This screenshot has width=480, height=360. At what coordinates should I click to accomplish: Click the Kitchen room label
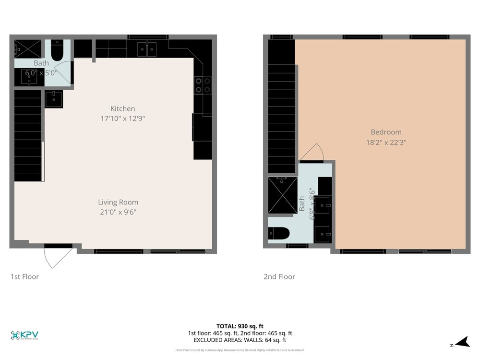(x=122, y=108)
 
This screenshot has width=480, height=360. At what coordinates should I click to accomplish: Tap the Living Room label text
(x=118, y=202)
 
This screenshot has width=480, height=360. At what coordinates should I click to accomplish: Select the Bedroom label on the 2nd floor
(x=386, y=132)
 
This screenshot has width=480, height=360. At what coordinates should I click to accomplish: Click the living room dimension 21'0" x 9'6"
(x=118, y=212)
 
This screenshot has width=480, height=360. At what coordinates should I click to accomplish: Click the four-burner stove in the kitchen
(x=203, y=85)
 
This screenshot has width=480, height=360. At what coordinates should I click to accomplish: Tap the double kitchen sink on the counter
(x=147, y=49)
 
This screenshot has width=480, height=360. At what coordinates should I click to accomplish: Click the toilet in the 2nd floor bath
(x=279, y=234)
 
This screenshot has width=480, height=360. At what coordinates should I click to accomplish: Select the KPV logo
(x=24, y=336)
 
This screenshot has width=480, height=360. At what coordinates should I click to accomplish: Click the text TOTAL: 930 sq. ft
(x=240, y=326)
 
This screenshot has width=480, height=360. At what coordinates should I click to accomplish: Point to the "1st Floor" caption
(x=24, y=276)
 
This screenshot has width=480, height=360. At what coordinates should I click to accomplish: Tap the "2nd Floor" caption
(x=279, y=276)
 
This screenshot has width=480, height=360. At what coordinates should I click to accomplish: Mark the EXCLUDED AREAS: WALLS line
(x=240, y=340)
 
